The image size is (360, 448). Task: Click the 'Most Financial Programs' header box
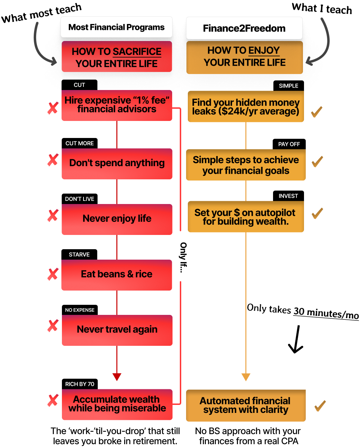[117, 27]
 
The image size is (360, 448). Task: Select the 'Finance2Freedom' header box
[244, 28]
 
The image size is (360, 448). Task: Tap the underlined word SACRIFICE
[137, 51]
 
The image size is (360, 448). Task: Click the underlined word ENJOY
[264, 50]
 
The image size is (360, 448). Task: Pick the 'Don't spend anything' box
[117, 163]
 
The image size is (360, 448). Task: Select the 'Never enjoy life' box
[117, 219]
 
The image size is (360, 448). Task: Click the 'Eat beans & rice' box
[117, 275]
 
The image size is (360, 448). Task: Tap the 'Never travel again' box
[117, 330]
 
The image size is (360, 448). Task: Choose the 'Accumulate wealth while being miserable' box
[117, 404]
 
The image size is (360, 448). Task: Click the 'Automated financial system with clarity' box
[246, 406]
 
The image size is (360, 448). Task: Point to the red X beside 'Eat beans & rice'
[53, 274]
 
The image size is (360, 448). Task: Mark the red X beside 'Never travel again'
[53, 326]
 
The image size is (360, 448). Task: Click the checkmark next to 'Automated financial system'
[320, 406]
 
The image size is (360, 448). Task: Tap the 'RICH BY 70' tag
[80, 384]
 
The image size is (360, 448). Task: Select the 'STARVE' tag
[79, 254]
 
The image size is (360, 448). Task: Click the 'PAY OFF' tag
[289, 144]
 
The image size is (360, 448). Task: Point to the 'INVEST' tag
[288, 196]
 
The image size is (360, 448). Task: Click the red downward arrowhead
[117, 377]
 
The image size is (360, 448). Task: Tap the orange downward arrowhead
[246, 377]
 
